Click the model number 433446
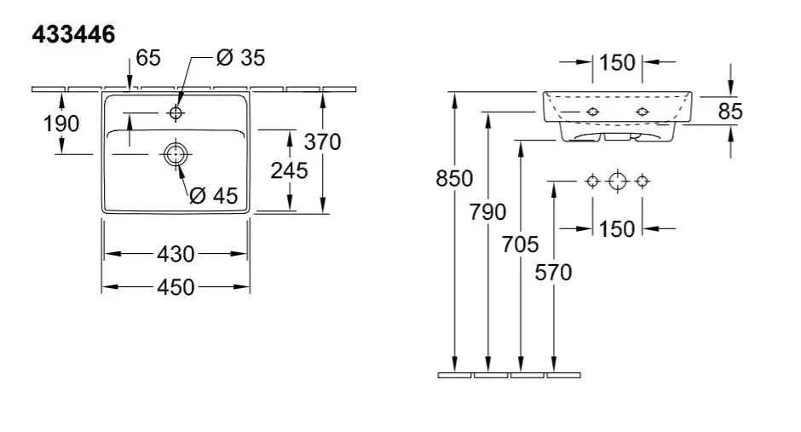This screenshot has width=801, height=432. [73, 34]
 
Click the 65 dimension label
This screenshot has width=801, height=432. [148, 58]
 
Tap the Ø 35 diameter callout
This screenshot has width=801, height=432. [240, 58]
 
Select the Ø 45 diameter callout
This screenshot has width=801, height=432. [214, 195]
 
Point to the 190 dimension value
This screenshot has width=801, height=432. [61, 124]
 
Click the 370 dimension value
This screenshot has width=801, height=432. [322, 141]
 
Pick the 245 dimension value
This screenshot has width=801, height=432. [289, 170]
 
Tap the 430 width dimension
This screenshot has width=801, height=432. [176, 254]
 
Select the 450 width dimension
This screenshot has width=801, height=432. [176, 287]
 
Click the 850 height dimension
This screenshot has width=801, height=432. [455, 179]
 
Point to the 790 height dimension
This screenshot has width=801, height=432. [488, 212]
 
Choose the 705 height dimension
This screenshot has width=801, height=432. [520, 245]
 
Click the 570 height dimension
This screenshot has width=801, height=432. [553, 272]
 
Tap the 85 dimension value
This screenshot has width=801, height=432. [730, 112]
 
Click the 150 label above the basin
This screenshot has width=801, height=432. [617, 63]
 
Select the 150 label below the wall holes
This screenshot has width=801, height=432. [617, 228]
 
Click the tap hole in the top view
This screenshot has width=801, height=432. [176, 112]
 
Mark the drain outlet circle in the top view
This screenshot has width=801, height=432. [176, 153]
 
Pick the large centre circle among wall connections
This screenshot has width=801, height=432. [618, 181]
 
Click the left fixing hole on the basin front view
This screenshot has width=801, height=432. [592, 112]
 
